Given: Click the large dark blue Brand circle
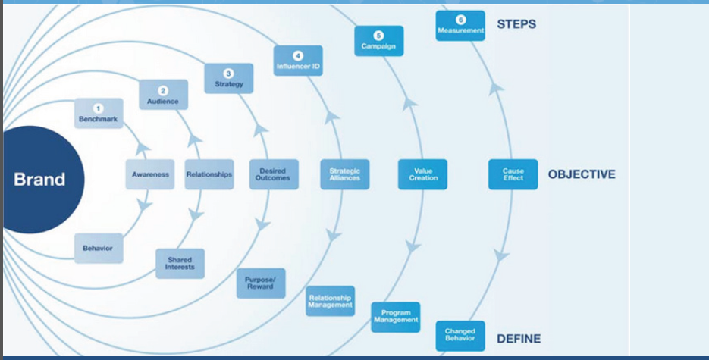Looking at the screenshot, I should click(42, 180).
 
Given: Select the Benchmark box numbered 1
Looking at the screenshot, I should click(99, 114).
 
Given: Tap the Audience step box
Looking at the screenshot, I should click(163, 95).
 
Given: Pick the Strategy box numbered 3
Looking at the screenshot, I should click(228, 78).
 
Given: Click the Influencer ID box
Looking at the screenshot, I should click(298, 61).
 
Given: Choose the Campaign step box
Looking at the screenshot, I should click(379, 41).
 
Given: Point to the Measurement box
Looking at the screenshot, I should click(460, 26).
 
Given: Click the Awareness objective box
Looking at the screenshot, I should click(150, 174).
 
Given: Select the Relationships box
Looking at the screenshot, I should click(209, 174).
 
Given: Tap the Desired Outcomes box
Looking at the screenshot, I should click(274, 174).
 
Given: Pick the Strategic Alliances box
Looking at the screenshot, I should click(345, 174).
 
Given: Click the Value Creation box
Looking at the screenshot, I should click(422, 174).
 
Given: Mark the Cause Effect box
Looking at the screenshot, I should click(513, 174).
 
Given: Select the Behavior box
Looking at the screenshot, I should click(99, 248).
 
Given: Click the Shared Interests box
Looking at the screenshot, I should click(180, 263).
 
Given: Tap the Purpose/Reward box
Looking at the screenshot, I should click(260, 283).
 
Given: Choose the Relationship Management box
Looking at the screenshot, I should click(331, 301).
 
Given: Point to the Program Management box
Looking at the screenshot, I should click(396, 317).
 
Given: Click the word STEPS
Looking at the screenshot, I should click(516, 24).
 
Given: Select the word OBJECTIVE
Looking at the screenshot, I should click(582, 174).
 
